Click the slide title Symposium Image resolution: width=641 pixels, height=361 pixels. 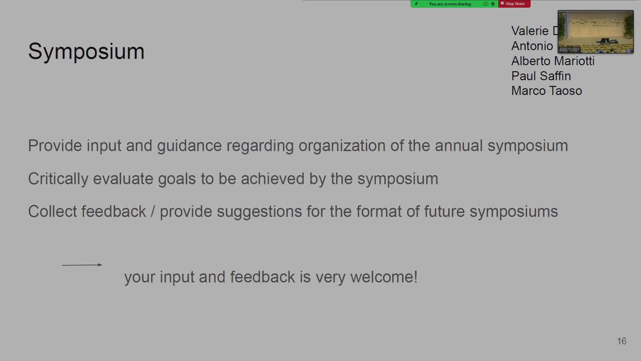[x=86, y=52]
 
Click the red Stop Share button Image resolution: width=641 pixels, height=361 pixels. [x=514, y=4]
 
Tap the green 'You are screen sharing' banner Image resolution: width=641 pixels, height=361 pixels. [x=450, y=4]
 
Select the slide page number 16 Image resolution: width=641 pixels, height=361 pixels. [x=621, y=341]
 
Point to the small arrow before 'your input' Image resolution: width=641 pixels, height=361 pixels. [x=82, y=265]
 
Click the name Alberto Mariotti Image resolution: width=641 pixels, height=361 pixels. [x=552, y=61]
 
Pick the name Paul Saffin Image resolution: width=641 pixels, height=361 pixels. [x=541, y=76]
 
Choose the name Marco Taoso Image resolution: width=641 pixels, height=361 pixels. [x=546, y=91]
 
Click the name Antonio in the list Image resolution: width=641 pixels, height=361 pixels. [x=532, y=46]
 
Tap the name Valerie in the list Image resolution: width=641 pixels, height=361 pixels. [x=530, y=31]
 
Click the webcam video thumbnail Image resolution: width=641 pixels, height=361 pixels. [x=595, y=32]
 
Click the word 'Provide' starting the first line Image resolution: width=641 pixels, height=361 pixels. [x=55, y=146]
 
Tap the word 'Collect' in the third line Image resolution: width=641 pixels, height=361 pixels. [x=52, y=212]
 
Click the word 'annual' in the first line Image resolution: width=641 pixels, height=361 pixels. [x=459, y=146]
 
